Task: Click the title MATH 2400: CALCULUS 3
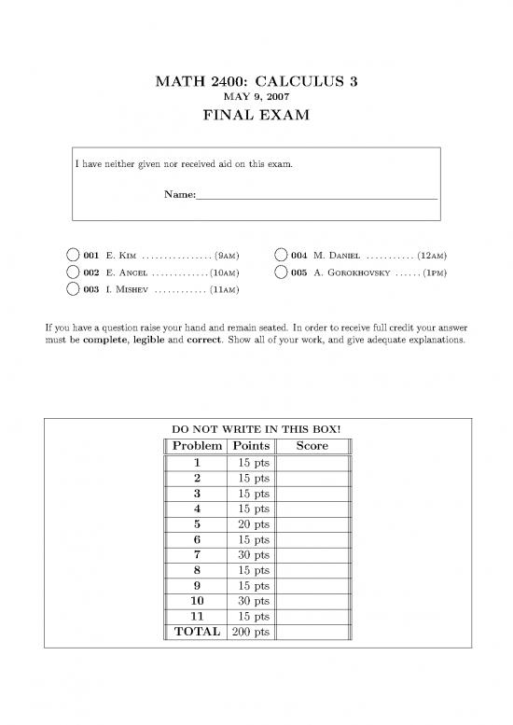point(256,82)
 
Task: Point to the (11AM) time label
point(225,290)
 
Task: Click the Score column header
point(312,446)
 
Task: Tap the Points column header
point(248,446)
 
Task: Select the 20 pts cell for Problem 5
point(248,524)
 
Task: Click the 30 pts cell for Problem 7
point(248,555)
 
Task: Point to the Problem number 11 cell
point(197,616)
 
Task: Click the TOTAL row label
point(197,632)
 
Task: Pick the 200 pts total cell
point(248,632)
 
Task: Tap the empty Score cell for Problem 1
point(312,463)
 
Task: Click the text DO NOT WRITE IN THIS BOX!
point(256,430)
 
